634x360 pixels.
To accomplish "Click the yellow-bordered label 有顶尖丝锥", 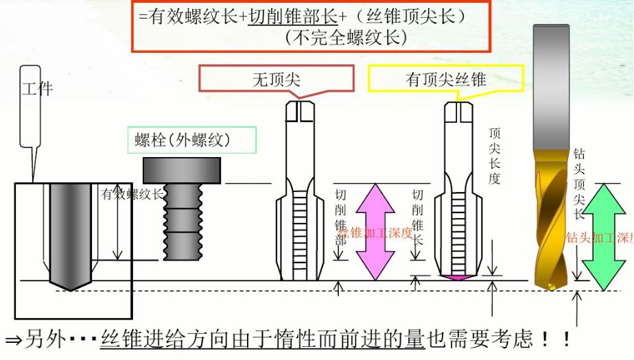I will (x=446, y=80).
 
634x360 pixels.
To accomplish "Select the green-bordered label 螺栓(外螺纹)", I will (x=191, y=141).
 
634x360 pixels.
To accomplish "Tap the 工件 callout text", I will (x=37, y=88).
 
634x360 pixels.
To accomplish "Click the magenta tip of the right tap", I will (x=456, y=277).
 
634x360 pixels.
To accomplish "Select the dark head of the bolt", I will (x=182, y=170).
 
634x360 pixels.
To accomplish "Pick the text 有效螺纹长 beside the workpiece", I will (x=132, y=194).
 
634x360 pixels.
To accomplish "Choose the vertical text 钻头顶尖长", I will (x=579, y=184).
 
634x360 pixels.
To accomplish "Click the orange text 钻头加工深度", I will (x=598, y=238).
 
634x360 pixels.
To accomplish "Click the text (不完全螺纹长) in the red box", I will (x=346, y=38).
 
